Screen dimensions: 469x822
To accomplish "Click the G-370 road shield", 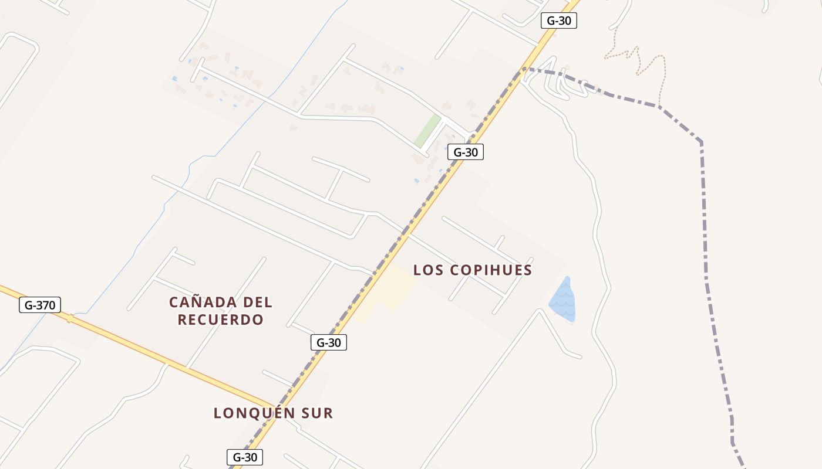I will (x=40, y=305).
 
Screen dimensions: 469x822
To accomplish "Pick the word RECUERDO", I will (x=220, y=320).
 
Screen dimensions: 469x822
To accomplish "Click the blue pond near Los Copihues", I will (x=562, y=301).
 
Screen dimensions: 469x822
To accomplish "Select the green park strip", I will (x=428, y=130).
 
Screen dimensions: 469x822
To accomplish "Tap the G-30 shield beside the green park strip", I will (x=465, y=152).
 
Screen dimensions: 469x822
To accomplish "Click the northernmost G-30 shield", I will (x=558, y=21).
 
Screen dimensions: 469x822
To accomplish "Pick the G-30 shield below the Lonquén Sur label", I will (x=244, y=457).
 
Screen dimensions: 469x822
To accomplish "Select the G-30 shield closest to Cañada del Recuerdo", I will (x=328, y=342).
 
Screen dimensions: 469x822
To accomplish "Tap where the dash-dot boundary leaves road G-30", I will (x=521, y=70).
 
